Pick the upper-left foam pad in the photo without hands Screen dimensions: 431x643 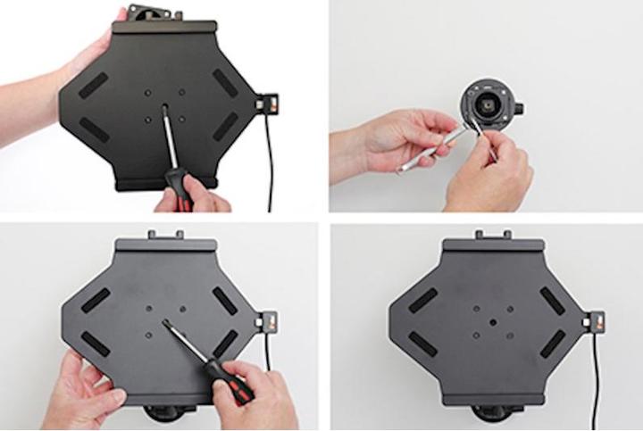[x=423, y=300]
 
